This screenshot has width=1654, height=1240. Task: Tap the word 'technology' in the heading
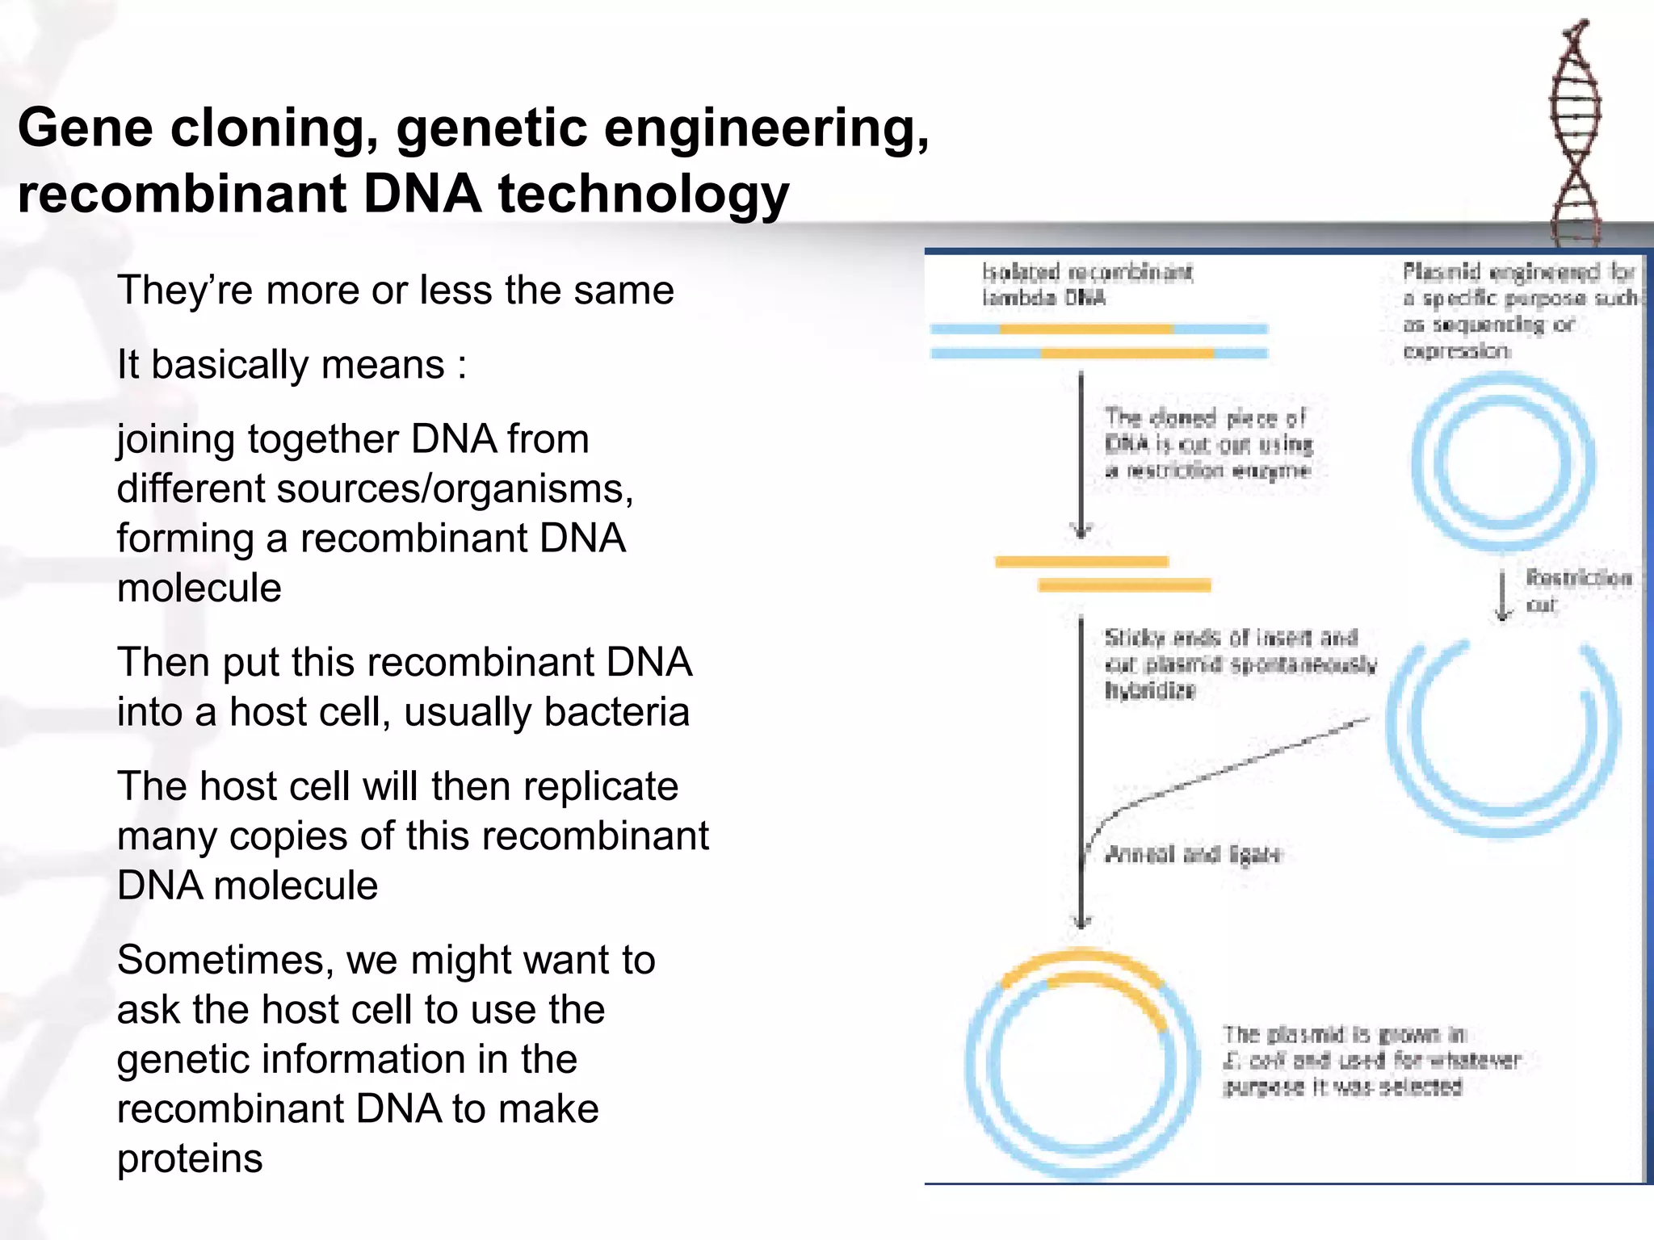643,195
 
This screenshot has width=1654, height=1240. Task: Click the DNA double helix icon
1574,133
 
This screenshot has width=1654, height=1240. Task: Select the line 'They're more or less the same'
395,291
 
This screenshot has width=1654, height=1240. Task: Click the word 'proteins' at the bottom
190,1159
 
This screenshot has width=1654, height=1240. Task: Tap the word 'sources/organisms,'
455,489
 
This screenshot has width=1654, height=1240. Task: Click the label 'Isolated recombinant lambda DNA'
1086,285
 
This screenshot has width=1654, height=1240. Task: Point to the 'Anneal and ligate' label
1192,854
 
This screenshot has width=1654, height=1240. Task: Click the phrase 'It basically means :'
292,365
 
